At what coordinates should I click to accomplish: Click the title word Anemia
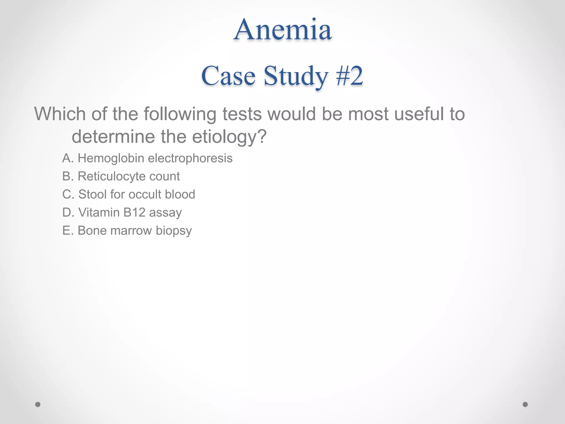click(282, 30)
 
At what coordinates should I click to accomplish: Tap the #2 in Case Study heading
click(349, 76)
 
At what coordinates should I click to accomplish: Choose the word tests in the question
click(242, 114)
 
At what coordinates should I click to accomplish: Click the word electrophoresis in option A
click(190, 158)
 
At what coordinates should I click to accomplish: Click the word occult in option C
click(145, 194)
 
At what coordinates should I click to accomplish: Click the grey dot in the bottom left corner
click(38, 404)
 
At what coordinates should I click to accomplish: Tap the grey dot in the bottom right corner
click(525, 404)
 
